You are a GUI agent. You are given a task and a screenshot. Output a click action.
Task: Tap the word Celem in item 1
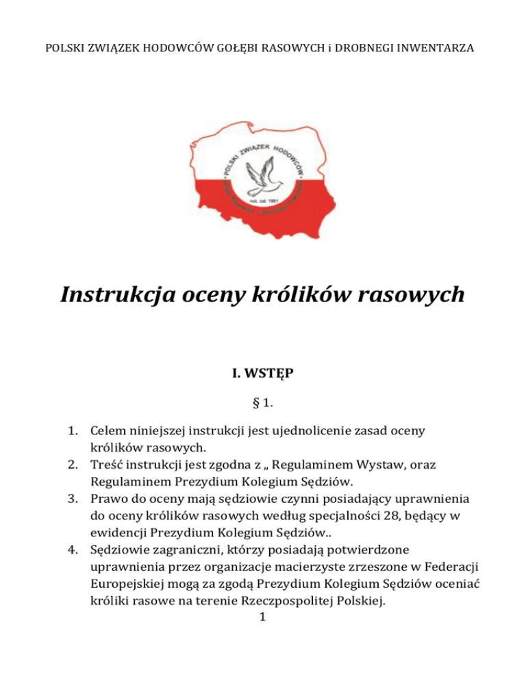[x=110, y=432]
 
